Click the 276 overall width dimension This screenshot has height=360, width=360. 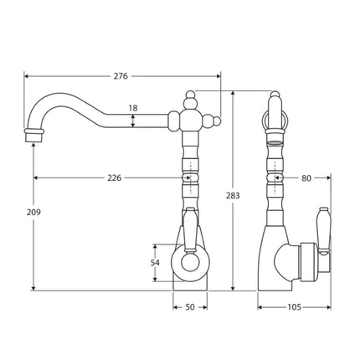tap(121, 77)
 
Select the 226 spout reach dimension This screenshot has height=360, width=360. tap(115, 177)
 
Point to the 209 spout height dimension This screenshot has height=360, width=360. tap(33, 213)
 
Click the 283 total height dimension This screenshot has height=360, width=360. tap(233, 196)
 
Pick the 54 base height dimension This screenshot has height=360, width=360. tap(155, 264)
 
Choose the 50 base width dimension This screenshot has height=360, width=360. tap(190, 307)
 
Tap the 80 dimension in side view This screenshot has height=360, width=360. tap(306, 177)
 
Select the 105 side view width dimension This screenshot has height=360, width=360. tap(294, 307)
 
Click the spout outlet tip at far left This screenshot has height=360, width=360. tap(33, 135)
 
